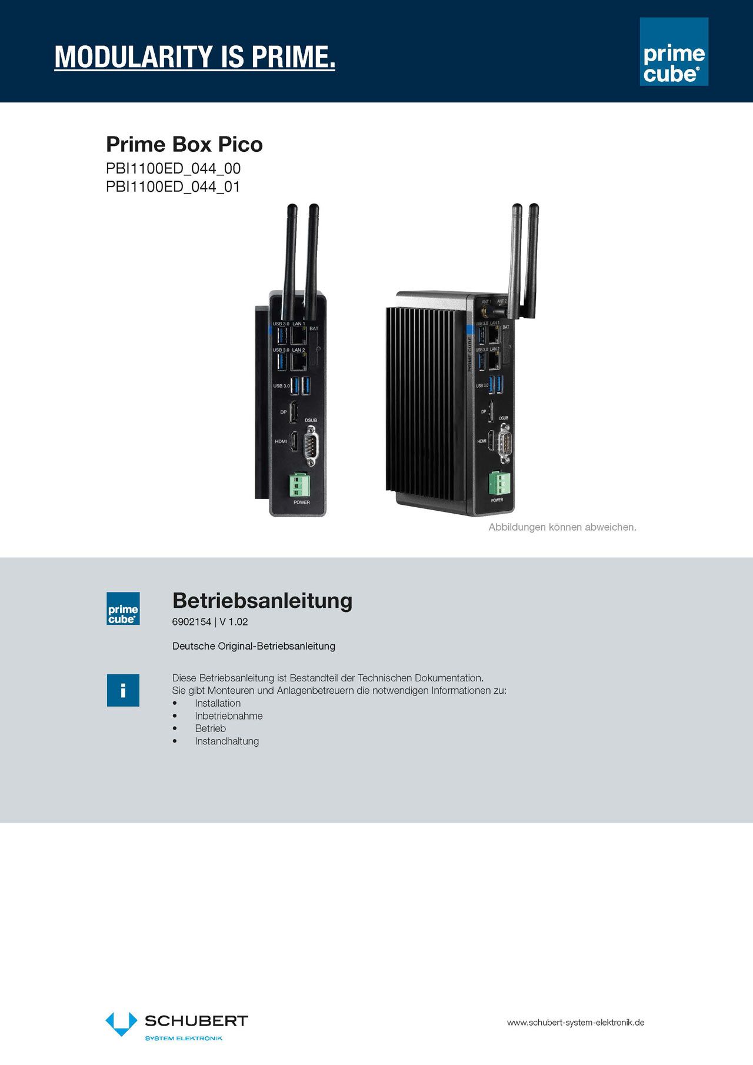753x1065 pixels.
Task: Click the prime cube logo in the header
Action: tap(674, 52)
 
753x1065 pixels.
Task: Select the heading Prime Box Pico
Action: tap(184, 145)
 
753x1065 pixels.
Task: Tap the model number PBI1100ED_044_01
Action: tap(173, 187)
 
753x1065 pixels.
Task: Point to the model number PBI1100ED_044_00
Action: tap(173, 169)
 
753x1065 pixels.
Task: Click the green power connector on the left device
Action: tap(299, 485)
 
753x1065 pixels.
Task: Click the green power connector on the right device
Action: tap(499, 484)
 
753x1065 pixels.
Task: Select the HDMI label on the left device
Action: tap(281, 441)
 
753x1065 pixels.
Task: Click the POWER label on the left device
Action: tap(301, 502)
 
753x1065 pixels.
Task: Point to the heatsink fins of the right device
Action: tap(424, 400)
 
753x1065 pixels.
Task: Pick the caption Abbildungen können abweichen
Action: tap(562, 527)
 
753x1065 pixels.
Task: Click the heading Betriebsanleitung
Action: tap(262, 601)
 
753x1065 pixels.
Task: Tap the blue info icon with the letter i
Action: tap(123, 690)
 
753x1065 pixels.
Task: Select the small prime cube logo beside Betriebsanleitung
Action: tap(123, 609)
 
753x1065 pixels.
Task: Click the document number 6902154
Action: tap(191, 622)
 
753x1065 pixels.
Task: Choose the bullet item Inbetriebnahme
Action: tap(229, 716)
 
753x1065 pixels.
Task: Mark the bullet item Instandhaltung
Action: tap(226, 741)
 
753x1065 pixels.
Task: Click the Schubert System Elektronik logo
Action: tap(176, 1027)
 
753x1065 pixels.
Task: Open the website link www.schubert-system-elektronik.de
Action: tap(575, 1023)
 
